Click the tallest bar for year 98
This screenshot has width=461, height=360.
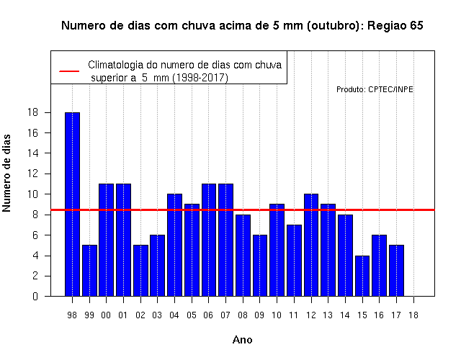click(72, 204)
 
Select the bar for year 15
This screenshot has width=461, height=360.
click(362, 276)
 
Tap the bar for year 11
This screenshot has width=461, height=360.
click(294, 261)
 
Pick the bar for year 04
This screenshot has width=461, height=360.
click(174, 245)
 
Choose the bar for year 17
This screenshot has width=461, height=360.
click(396, 271)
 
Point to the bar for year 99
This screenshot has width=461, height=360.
click(89, 271)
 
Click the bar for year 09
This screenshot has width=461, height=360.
click(260, 266)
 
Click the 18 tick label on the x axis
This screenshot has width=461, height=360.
click(413, 315)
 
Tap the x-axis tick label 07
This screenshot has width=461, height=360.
click(225, 315)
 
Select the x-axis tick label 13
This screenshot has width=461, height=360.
click(328, 315)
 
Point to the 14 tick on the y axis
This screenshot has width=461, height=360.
click(33, 153)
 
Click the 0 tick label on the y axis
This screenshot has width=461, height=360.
click(35, 296)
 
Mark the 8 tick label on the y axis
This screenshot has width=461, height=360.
click(35, 215)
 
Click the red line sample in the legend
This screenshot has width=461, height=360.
click(69, 71)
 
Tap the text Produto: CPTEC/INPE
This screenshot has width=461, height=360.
click(375, 89)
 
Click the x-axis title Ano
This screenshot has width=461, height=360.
click(242, 340)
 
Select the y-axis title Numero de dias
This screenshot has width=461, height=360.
click(6, 173)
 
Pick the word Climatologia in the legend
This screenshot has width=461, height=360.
click(112, 65)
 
